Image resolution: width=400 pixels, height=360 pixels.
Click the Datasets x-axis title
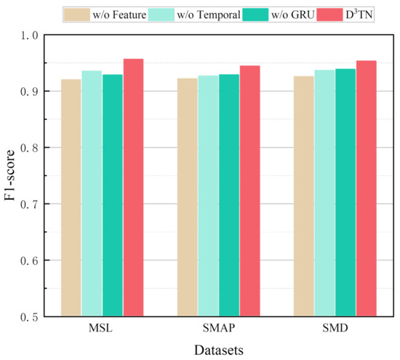[x=219, y=350]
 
